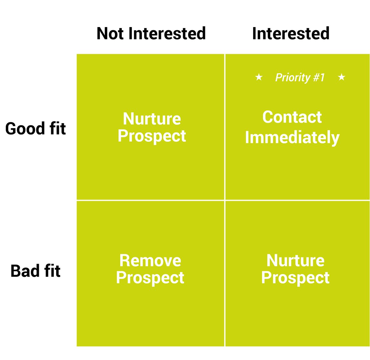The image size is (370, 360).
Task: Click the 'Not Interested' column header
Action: pos(151,33)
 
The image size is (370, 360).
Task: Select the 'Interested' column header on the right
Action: pos(291,33)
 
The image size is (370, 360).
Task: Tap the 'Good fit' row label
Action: pos(35,128)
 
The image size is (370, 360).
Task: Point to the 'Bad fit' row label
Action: pos(35,271)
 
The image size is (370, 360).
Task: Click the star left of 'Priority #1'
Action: pos(259,77)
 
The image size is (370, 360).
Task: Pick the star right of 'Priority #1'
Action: pos(341,77)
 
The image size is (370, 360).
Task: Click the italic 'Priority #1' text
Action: pos(300,77)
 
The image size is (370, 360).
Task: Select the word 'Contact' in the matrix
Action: pos(292,117)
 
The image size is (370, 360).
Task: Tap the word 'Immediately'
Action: pos(292,137)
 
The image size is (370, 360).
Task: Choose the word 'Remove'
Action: pos(150,261)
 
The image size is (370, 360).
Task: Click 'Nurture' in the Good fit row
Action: pos(152,119)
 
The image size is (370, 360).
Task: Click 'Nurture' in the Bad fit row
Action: pos(295,261)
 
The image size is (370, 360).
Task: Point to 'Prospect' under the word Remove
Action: pos(150,278)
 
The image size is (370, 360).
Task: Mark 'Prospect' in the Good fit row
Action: pos(152,136)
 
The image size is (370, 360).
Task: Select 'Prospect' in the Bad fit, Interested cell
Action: pos(295,278)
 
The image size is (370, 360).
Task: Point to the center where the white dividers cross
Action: pos(225,200)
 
